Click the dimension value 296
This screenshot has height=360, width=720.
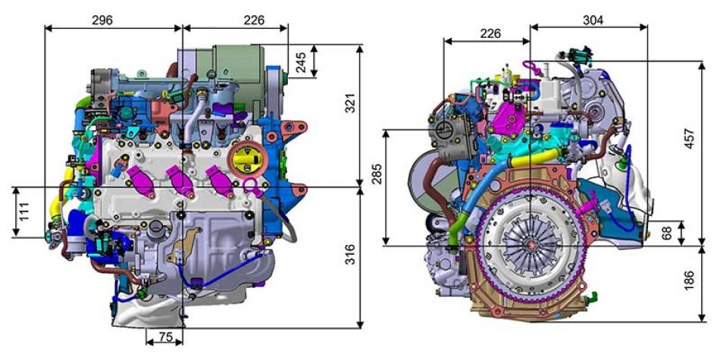[x=102, y=20]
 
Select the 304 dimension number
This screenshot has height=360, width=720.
[x=593, y=20]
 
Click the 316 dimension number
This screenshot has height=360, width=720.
[x=350, y=255]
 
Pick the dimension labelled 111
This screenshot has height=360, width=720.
[x=24, y=211]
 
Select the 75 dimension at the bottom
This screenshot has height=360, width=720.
[x=165, y=337]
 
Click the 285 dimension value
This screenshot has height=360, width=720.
[x=377, y=174]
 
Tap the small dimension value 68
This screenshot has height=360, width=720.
[x=667, y=233]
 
